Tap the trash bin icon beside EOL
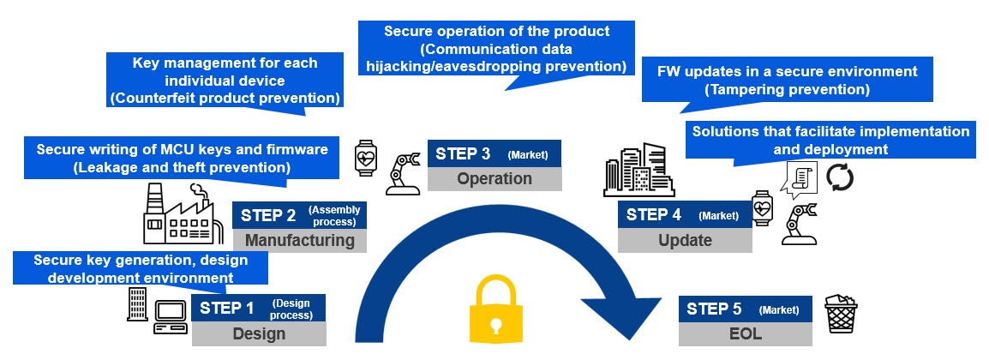(x=840, y=316)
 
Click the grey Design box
(x=259, y=333)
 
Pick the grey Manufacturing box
(x=299, y=240)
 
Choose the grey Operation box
(x=494, y=178)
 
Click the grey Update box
(x=685, y=240)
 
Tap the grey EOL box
(x=746, y=333)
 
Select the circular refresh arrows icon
(x=839, y=177)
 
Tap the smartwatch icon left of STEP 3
(x=365, y=159)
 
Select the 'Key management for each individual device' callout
(x=225, y=81)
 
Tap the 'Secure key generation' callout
(x=141, y=267)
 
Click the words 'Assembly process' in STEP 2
(x=334, y=215)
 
